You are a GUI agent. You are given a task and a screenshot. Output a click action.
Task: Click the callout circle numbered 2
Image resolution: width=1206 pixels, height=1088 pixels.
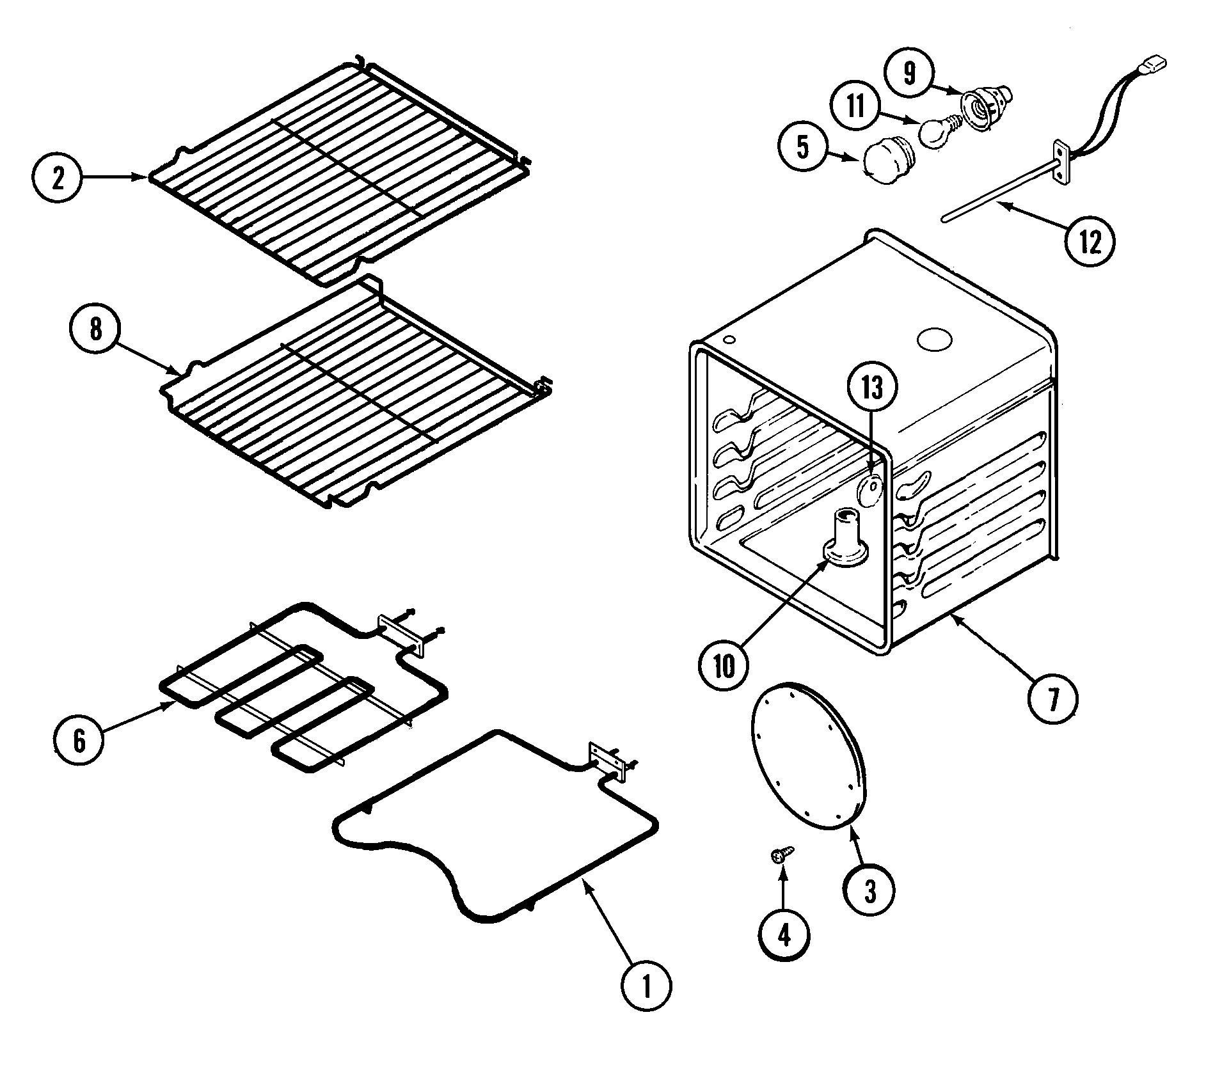tap(58, 179)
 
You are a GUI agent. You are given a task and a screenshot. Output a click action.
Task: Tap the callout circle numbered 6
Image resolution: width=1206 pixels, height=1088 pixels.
tap(79, 741)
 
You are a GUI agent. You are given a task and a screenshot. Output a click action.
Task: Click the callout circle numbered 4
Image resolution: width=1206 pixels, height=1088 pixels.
tap(784, 936)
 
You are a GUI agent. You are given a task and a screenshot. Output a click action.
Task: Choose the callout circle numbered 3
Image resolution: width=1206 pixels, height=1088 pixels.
tap(869, 892)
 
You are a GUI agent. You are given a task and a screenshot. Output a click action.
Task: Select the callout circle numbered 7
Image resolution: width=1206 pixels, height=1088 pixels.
tap(1052, 698)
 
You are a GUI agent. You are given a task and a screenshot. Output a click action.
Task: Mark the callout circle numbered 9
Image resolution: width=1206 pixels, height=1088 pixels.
tap(909, 74)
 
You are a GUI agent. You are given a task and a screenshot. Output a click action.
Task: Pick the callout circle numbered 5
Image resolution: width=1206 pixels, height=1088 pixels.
tap(804, 148)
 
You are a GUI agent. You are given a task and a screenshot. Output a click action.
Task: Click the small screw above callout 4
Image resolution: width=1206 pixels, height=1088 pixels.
tap(782, 853)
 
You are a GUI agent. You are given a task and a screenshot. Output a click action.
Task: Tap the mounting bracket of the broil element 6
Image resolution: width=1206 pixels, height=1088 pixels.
tap(401, 636)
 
